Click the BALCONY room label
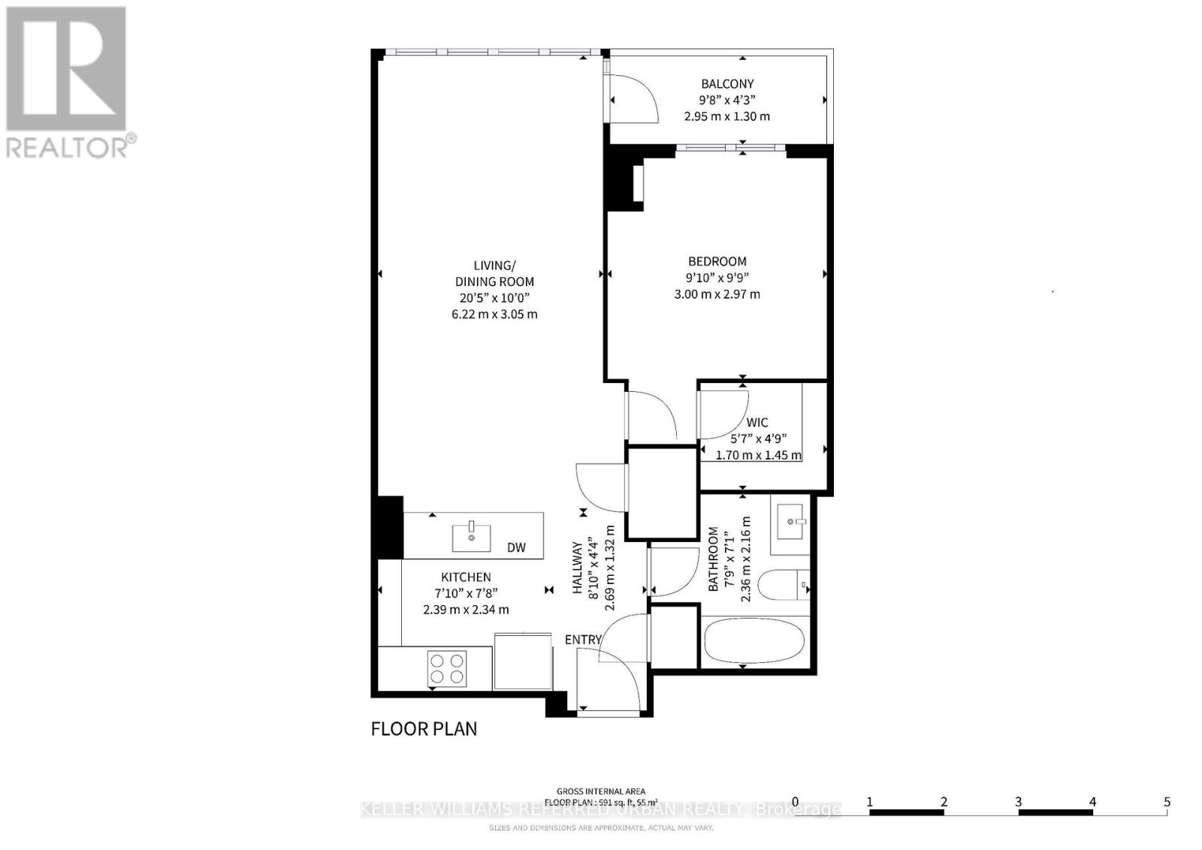coord(726,84)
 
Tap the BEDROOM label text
coord(717,261)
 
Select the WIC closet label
coord(757,423)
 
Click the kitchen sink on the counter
coord(471,537)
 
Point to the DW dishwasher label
coord(516,547)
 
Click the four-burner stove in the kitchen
coord(446,668)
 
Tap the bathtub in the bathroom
coord(754,643)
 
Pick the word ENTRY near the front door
coord(583,640)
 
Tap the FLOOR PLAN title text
coord(424,728)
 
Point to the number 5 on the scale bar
coord(1167,802)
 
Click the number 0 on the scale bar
coord(795,802)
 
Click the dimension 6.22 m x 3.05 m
coord(494,314)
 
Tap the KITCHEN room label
coord(466,577)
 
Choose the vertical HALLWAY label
coord(578,569)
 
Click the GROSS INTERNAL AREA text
coord(600,791)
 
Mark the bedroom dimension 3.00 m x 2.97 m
coord(717,294)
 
